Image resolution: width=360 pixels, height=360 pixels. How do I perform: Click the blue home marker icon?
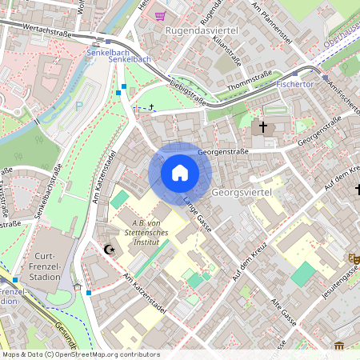point(180,173)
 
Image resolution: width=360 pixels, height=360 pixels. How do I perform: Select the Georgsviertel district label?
point(242,193)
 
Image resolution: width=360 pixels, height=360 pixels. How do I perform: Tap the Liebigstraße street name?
point(189,92)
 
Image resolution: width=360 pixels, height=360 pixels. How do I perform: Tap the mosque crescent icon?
point(110,250)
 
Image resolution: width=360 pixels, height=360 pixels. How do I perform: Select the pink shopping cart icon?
point(161,15)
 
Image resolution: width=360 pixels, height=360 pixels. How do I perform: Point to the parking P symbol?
point(78,104)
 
